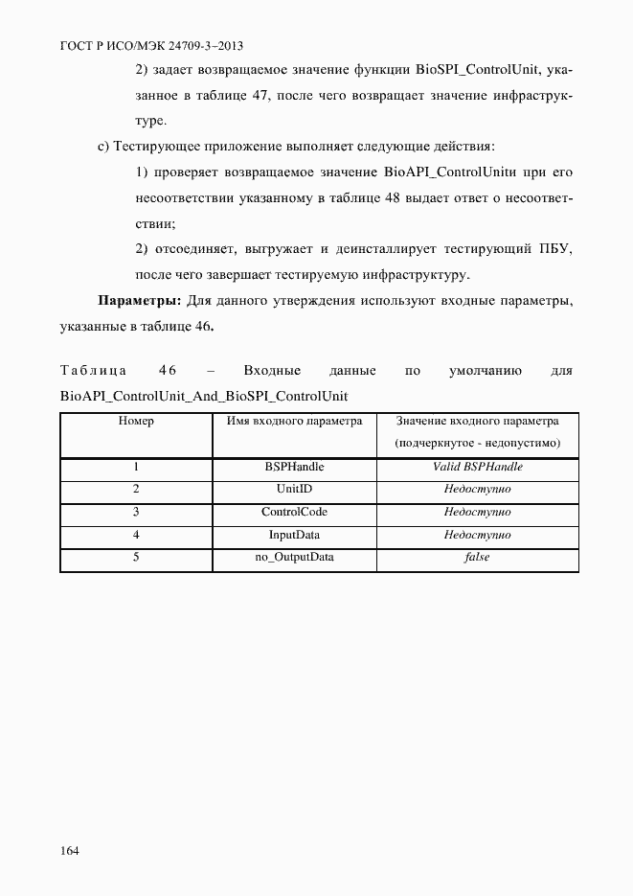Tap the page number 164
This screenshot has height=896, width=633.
pyautogui.click(x=70, y=851)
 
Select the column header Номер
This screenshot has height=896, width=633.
pyautogui.click(x=136, y=421)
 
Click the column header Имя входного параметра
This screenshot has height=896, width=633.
pyautogui.click(x=294, y=421)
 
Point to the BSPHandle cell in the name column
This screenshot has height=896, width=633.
pyautogui.click(x=294, y=468)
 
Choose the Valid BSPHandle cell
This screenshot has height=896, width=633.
pyautogui.click(x=477, y=468)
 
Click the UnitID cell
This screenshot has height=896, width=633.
pyautogui.click(x=294, y=490)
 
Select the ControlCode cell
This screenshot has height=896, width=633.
pyautogui.click(x=294, y=512)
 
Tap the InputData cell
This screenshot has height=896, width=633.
pyautogui.click(x=294, y=535)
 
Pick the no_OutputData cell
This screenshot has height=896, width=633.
pyautogui.click(x=294, y=557)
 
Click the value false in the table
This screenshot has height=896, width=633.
pyautogui.click(x=477, y=557)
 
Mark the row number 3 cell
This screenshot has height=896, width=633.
pyautogui.click(x=136, y=512)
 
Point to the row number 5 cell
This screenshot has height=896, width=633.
pyautogui.click(x=136, y=557)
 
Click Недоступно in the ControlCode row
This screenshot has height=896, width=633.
pyautogui.click(x=477, y=512)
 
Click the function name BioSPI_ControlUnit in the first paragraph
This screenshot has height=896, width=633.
pyautogui.click(x=475, y=70)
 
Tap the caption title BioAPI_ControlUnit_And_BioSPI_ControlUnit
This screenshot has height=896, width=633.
pyautogui.click(x=203, y=395)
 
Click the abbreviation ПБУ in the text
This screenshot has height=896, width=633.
pyautogui.click(x=554, y=249)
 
